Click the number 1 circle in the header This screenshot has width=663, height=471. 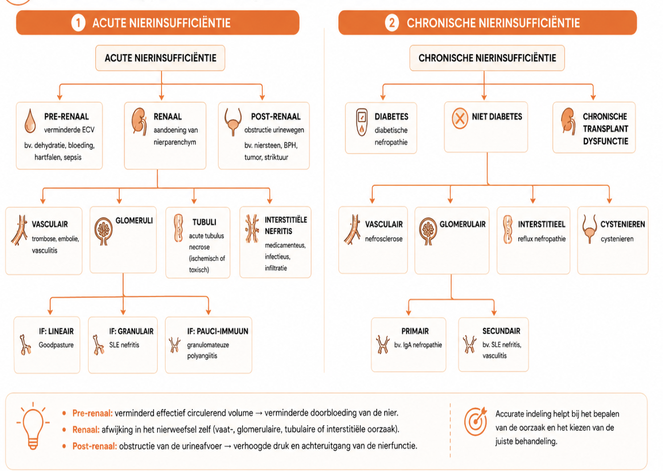pyautogui.click(x=78, y=23)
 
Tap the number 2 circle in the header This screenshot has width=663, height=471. pyautogui.click(x=392, y=23)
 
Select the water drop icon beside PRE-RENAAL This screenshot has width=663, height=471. pyautogui.click(x=30, y=121)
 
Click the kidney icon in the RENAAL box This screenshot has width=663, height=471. pyautogui.click(x=139, y=122)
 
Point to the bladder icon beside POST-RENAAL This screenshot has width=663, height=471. pyautogui.click(x=233, y=122)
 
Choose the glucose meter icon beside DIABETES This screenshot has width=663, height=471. pyautogui.click(x=362, y=123)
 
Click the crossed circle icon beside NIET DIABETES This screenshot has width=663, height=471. pyautogui.click(x=460, y=118)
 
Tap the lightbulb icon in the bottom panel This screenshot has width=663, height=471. pyautogui.click(x=33, y=426)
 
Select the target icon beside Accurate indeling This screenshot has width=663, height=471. pyautogui.click(x=475, y=421)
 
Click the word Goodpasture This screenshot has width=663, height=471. pyautogui.click(x=56, y=345)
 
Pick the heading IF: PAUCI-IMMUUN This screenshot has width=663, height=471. pyautogui.click(x=218, y=331)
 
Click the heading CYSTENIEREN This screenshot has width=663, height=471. pyautogui.click(x=622, y=224)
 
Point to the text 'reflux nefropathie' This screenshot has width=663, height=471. pyautogui.click(x=541, y=239)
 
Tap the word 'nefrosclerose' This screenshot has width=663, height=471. pyautogui.click(x=384, y=239)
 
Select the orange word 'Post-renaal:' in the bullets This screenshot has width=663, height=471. pyautogui.click(x=94, y=446)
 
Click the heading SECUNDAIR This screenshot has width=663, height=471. pyautogui.click(x=501, y=331)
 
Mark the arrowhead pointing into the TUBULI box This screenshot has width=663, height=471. pyautogui.click(x=194, y=201)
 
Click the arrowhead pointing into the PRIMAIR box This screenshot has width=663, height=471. pyautogui.click(x=409, y=313)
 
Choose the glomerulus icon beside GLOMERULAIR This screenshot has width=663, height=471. pyautogui.click(x=428, y=232)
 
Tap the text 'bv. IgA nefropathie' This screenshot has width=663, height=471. pyautogui.click(x=418, y=345)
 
